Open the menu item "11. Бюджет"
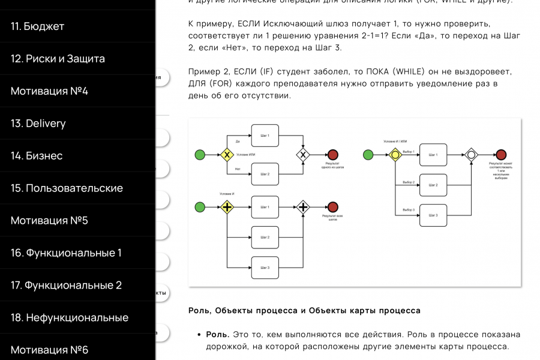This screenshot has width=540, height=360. [x=37, y=26]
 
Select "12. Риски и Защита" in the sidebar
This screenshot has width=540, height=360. [x=58, y=59]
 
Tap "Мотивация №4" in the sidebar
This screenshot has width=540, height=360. [x=49, y=91]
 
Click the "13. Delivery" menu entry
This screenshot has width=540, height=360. [x=38, y=124]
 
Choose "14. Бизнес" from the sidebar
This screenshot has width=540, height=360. [x=37, y=156]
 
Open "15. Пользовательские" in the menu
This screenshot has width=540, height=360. [x=67, y=188]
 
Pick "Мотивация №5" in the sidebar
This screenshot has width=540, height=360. [x=49, y=221]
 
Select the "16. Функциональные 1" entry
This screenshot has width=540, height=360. [x=66, y=253]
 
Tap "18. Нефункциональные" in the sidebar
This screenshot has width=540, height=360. [x=70, y=318]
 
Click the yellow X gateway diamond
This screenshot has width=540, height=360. [x=227, y=155]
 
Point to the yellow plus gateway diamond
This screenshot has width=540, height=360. [x=227, y=208]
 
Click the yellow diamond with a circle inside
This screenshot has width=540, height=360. [x=395, y=155]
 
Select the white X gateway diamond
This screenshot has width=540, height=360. [x=304, y=155]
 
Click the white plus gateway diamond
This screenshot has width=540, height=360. [x=304, y=208]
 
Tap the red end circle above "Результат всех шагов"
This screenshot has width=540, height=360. [x=333, y=208]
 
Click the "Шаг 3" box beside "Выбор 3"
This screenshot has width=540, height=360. [x=433, y=215]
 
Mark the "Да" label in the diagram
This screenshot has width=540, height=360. [x=238, y=142]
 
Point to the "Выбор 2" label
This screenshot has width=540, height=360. [x=409, y=181]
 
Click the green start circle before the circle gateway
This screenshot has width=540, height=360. [x=368, y=155]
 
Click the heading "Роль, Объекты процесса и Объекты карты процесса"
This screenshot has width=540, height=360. [x=304, y=311]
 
